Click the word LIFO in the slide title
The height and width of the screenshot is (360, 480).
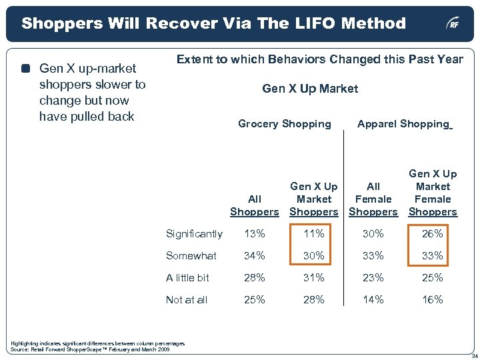click(289, 24)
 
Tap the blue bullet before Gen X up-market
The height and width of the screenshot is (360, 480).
click(25, 69)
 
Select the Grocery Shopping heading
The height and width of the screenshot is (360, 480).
click(285, 124)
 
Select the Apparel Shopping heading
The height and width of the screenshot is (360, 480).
click(403, 124)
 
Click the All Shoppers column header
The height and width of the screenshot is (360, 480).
click(254, 205)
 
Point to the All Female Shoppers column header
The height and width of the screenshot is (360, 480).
click(373, 199)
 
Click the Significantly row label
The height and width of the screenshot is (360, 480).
click(194, 234)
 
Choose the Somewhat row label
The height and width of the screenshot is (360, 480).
click(191, 256)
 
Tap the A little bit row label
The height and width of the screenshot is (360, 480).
click(187, 278)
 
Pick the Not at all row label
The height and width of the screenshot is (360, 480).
click(187, 300)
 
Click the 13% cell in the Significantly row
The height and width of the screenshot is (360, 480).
click(254, 234)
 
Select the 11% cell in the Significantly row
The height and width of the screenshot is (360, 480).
click(313, 234)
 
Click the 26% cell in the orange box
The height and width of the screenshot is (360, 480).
click(432, 234)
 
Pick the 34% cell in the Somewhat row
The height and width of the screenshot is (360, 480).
click(254, 256)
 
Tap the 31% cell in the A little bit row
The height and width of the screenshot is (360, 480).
click(313, 278)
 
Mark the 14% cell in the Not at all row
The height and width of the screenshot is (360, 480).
click(373, 300)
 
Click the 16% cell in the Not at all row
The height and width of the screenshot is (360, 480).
click(432, 300)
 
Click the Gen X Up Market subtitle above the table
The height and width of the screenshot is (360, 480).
click(310, 89)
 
